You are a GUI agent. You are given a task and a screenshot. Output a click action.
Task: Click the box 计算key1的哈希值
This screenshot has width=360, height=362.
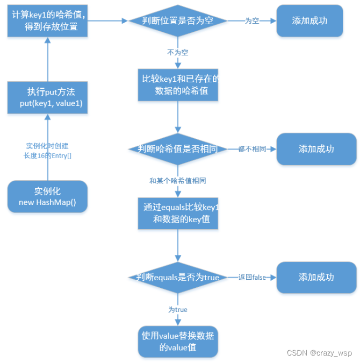47,20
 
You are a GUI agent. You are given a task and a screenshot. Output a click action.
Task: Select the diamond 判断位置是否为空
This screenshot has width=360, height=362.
178,21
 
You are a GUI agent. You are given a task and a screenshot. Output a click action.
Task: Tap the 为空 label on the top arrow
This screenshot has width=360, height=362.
252,21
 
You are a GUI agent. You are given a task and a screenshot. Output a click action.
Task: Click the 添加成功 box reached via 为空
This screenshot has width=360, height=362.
309,21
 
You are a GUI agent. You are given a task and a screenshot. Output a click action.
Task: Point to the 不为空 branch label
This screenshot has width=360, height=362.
178,53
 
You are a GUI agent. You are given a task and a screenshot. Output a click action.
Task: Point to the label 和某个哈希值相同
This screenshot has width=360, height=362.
178,181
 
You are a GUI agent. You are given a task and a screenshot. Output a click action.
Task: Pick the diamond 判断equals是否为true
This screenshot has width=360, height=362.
178,278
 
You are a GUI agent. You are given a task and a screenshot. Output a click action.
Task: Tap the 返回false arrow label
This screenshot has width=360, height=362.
252,278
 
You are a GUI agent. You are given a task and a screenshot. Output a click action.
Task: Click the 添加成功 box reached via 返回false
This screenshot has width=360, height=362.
316,278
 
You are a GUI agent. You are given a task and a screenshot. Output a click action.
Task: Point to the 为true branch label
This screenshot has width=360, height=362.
178,309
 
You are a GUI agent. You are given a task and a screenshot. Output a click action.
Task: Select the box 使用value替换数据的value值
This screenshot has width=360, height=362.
178,342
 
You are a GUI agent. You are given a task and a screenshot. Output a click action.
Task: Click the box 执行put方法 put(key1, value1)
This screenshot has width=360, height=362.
47,97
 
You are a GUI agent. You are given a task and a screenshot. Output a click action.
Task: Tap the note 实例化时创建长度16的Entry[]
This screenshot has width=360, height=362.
47,150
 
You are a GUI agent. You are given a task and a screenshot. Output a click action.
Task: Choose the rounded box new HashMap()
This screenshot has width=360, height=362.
47,196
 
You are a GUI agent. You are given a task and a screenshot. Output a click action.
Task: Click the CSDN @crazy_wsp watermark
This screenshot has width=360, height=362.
319,353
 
